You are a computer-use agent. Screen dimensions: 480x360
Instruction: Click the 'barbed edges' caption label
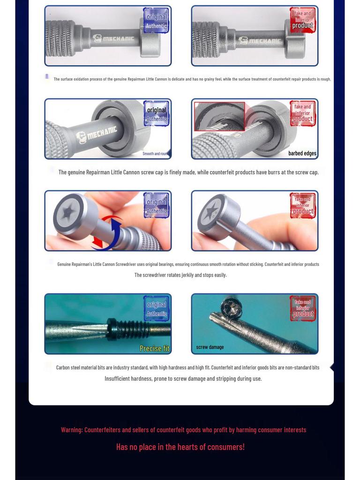[x=302, y=153]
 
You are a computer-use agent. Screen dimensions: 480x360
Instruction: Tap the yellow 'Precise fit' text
[x=155, y=348]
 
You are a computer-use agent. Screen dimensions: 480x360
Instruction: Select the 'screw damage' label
[x=210, y=347]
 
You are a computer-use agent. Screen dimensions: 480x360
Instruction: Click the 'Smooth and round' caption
[x=156, y=153]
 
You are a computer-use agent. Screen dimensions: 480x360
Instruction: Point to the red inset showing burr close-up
[x=219, y=117]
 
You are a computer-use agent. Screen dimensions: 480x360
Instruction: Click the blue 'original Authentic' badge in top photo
[x=156, y=21]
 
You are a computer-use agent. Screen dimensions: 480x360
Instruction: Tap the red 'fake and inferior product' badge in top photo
[x=302, y=20]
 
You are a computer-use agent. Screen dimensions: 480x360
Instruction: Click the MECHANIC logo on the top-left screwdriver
[x=114, y=38]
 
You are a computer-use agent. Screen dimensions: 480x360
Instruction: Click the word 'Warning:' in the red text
[x=72, y=430]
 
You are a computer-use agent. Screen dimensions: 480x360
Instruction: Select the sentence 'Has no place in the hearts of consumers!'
[x=180, y=447]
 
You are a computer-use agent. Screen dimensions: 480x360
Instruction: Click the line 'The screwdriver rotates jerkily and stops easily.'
[x=180, y=275]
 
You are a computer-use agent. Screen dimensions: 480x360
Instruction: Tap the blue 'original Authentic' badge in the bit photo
[x=156, y=309]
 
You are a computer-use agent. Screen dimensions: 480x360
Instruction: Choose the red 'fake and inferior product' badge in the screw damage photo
[x=302, y=308]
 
